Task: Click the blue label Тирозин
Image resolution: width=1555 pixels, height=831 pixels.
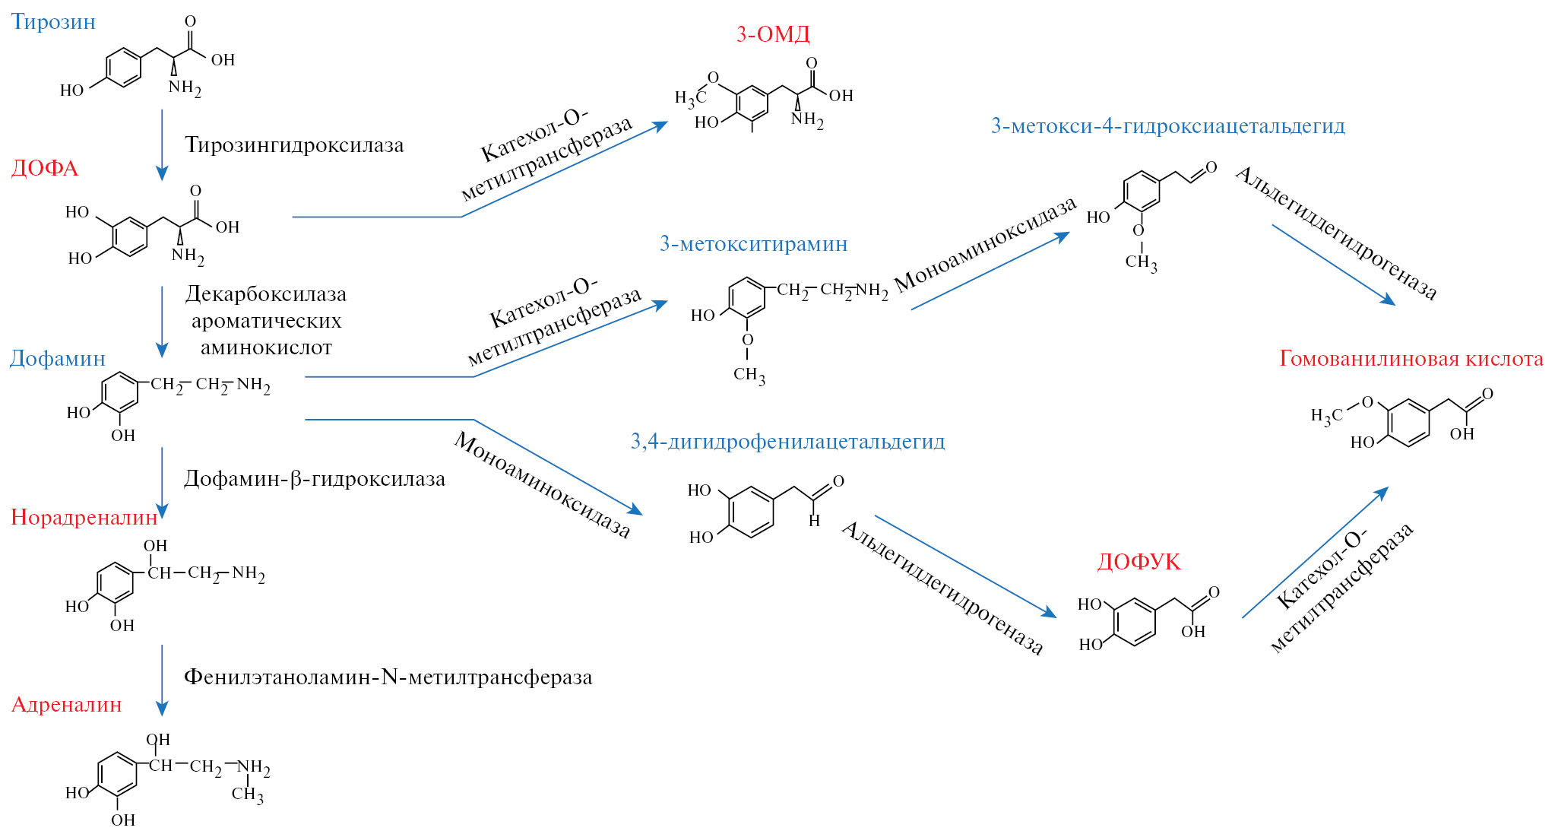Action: click(x=53, y=21)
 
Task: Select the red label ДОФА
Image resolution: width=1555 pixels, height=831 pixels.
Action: click(x=44, y=168)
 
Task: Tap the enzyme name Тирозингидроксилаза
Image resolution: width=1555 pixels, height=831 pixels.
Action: click(x=294, y=145)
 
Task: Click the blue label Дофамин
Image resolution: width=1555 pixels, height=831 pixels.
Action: click(x=57, y=358)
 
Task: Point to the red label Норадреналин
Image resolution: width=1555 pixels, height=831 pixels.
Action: click(x=84, y=518)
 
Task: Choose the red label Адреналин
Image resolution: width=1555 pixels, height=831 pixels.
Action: click(x=66, y=705)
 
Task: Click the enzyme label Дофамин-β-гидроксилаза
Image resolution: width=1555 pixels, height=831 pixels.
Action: click(x=314, y=479)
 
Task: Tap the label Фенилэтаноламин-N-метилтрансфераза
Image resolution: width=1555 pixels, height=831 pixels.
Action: click(x=388, y=677)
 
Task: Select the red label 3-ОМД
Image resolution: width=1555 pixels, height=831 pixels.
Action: click(x=772, y=34)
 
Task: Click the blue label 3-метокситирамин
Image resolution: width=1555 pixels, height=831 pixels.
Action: click(x=753, y=244)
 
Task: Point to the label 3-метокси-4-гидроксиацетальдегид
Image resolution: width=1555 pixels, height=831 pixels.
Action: click(x=1167, y=126)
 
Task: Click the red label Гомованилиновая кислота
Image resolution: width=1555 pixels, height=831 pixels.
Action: click(x=1411, y=359)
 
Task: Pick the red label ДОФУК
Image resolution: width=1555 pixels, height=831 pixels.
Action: click(x=1139, y=562)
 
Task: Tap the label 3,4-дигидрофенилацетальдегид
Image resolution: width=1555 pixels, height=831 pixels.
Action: click(x=787, y=442)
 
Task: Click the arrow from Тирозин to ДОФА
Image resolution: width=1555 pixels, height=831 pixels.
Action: click(x=162, y=144)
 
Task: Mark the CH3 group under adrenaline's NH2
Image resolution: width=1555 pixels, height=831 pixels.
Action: click(x=248, y=795)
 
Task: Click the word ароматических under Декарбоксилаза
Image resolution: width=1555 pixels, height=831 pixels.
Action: click(x=266, y=321)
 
